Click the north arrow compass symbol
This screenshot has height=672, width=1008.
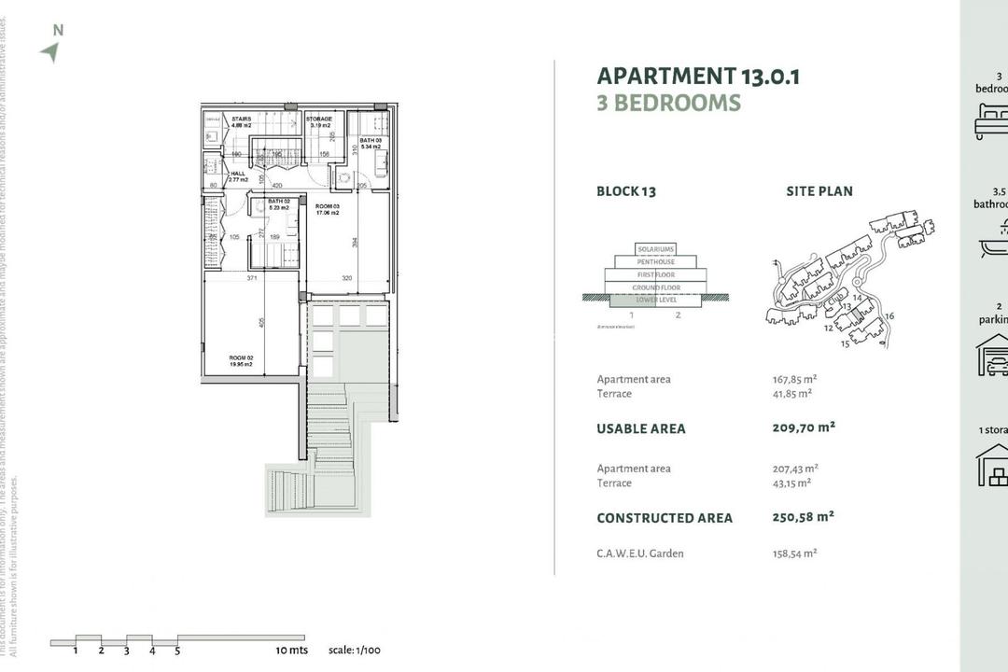coord(50,52)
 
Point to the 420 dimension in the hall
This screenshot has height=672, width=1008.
coord(276,186)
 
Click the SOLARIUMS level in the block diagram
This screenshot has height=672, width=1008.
coord(654,249)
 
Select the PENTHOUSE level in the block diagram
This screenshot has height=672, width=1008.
coord(654,262)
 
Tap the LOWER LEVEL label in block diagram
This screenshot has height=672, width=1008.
coord(654,301)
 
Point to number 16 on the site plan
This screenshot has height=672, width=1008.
coord(889,316)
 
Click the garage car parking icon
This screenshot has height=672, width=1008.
coord(992,356)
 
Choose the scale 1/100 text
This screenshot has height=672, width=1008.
coord(356,651)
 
